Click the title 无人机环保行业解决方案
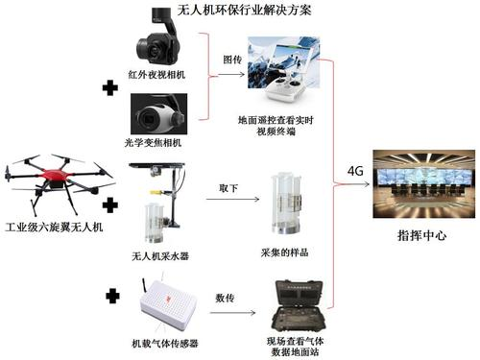click(244, 11)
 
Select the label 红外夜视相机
click(156, 75)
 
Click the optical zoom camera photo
click(159, 114)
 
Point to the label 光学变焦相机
click(154, 142)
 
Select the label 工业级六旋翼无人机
click(54, 228)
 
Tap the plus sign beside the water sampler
click(110, 205)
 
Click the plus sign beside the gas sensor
click(112, 296)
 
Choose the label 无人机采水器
click(160, 256)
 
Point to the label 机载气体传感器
click(165, 344)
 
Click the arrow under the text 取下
click(232, 200)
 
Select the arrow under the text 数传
click(232, 312)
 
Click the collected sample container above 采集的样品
click(285, 204)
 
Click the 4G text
click(355, 171)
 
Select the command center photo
click(424, 183)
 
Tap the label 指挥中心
click(421, 236)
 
